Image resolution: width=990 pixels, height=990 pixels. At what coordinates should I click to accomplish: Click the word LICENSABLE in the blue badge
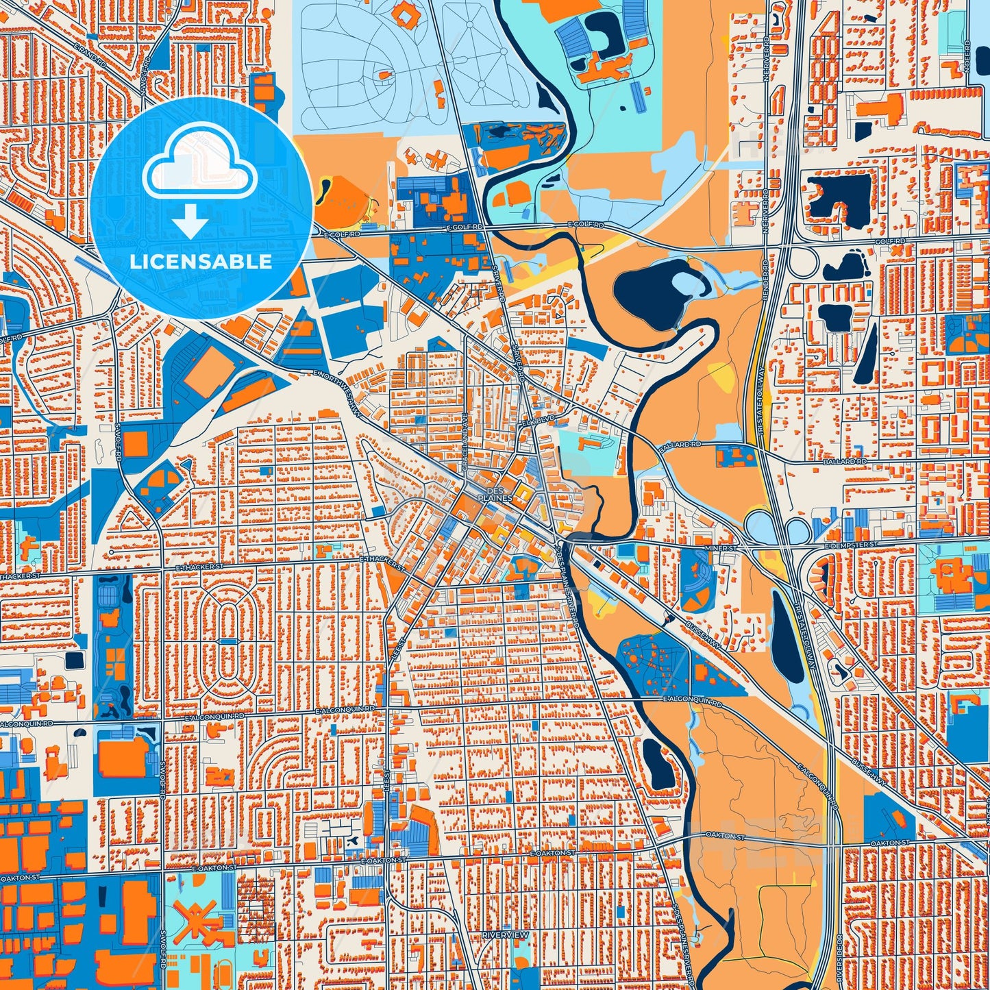(201, 262)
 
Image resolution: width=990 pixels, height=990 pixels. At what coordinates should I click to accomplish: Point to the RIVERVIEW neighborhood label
(505, 935)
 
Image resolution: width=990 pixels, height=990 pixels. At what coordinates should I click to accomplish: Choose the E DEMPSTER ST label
(851, 544)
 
